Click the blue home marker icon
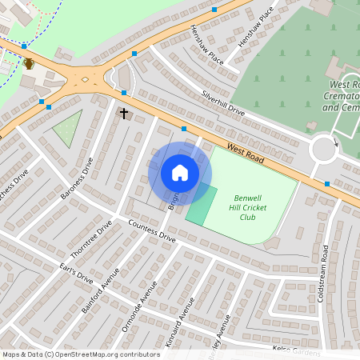point(180,173)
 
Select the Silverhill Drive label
point(223,103)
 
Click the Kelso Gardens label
point(296,350)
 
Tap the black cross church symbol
point(124,114)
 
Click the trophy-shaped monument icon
point(29,63)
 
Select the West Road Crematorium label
point(345,95)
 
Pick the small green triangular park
point(69,128)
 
